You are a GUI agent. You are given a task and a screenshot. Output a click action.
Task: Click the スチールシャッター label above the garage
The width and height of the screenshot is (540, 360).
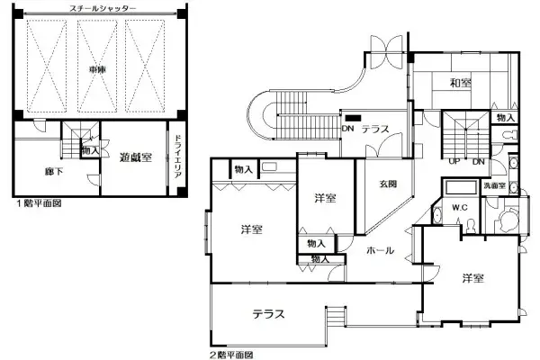tap(103, 7)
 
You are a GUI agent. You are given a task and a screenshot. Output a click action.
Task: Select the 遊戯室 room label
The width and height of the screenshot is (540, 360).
tap(135, 157)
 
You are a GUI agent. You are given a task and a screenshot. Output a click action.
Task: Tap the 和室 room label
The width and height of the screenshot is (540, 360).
tap(460, 84)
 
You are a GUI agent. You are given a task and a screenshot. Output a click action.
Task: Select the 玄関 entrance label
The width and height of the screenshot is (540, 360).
tap(388, 185)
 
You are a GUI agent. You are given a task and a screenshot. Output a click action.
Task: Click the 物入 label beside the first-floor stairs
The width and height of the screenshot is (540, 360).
tap(89, 150)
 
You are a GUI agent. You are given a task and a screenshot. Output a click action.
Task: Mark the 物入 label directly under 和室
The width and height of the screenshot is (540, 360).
tap(505, 117)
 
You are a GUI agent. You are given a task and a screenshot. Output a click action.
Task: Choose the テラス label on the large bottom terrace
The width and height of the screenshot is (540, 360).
tap(268, 314)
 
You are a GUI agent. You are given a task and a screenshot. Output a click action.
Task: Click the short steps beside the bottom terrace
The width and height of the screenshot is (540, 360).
tap(334, 318)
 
